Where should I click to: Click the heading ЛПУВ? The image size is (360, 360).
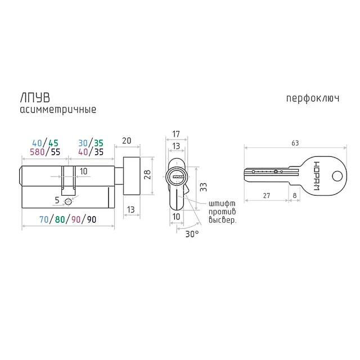coord(35,98)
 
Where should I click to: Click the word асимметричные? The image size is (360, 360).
coord(58,110)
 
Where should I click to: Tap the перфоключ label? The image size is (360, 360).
coord(313,98)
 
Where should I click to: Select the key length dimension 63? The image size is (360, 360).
coord(295,143)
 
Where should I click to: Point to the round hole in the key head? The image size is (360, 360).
coord(337,176)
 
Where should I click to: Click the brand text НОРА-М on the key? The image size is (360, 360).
coord(316,176)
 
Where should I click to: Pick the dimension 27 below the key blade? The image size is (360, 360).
coord(266,196)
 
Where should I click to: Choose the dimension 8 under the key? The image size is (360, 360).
coord(295,196)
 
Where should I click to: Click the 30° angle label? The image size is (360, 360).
coord(192,234)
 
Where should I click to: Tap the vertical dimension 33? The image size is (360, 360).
coord(203,187)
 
